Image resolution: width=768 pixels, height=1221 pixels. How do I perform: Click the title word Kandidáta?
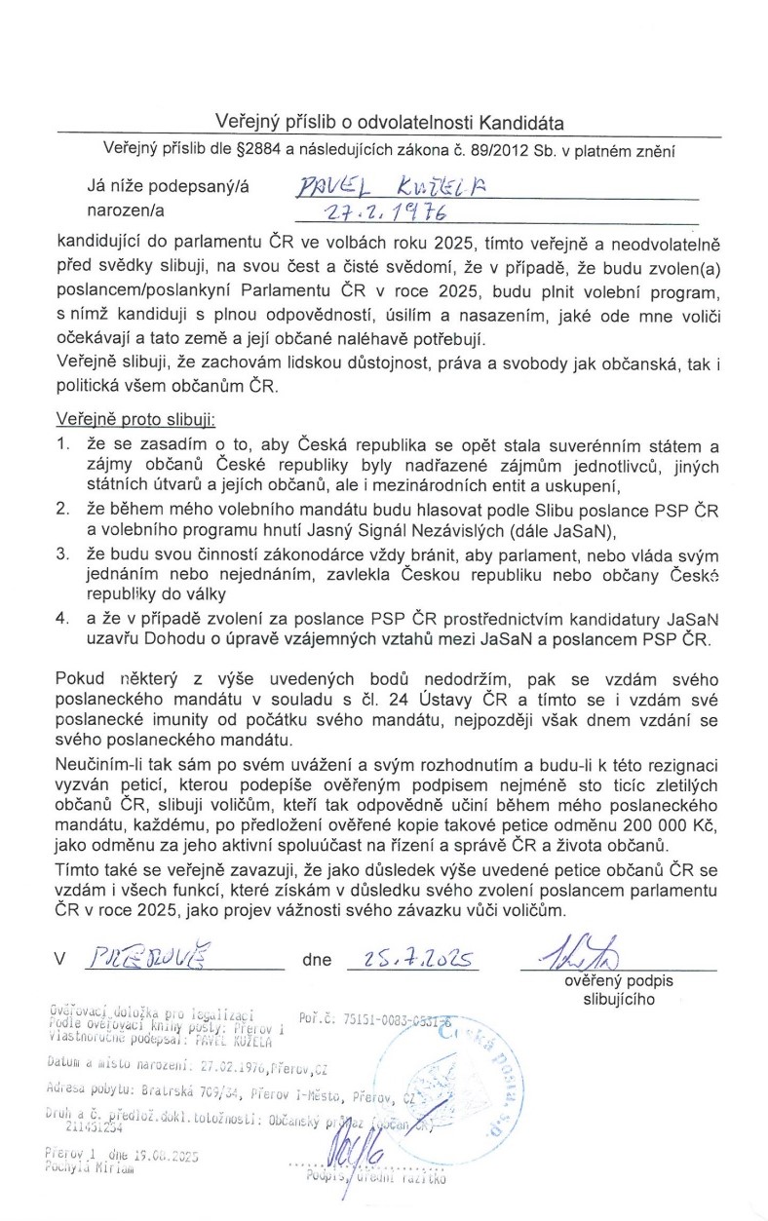tap(520, 122)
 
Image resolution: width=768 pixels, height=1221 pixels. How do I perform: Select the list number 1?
tap(60, 446)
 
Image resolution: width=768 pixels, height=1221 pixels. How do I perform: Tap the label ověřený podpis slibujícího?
tap(611, 990)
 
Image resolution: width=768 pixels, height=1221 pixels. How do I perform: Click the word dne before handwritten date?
tap(317, 960)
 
